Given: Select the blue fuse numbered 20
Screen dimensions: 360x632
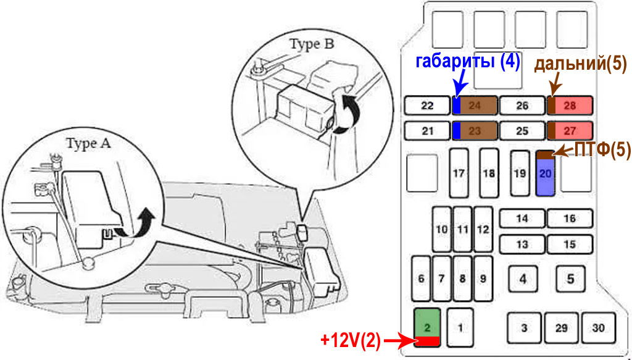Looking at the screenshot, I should pos(545,174).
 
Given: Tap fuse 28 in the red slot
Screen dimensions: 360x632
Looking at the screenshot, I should pos(570,106).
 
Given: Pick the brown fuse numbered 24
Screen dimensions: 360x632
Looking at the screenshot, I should pos(475,106).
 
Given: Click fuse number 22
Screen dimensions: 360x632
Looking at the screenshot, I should pos(427,106).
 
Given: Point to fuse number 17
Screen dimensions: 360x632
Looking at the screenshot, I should pos(458,174).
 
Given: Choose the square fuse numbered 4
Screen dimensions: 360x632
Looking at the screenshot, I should pos(523,278).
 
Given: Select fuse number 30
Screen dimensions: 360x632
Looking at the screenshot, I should pos(597,328).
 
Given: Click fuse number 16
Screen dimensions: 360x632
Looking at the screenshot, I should pos(570,219).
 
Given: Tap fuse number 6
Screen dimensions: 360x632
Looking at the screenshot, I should pos(421,278).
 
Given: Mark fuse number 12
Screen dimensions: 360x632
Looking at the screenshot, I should pos(483,229).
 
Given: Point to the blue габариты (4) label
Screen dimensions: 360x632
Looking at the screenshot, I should pos(468,62).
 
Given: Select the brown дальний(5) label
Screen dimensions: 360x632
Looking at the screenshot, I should pos(580,64).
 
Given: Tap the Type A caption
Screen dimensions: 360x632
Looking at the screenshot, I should pos(89,144).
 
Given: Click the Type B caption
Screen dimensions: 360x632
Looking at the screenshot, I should pos(314,44).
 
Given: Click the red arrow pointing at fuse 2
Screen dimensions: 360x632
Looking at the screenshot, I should pos(398,340).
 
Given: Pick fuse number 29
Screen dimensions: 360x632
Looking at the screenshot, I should pos(561,328).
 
